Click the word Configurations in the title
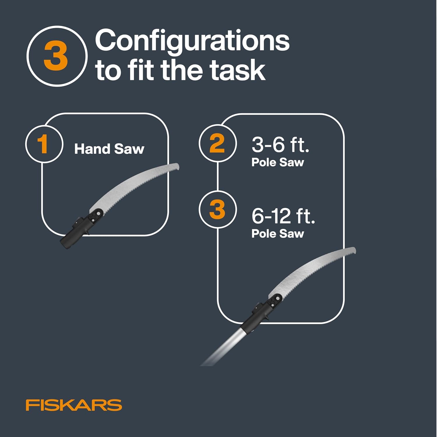[192, 41]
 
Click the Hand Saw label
[109, 149]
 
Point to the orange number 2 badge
[217, 143]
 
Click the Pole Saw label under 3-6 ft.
[278, 162]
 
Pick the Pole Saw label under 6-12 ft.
[278, 234]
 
